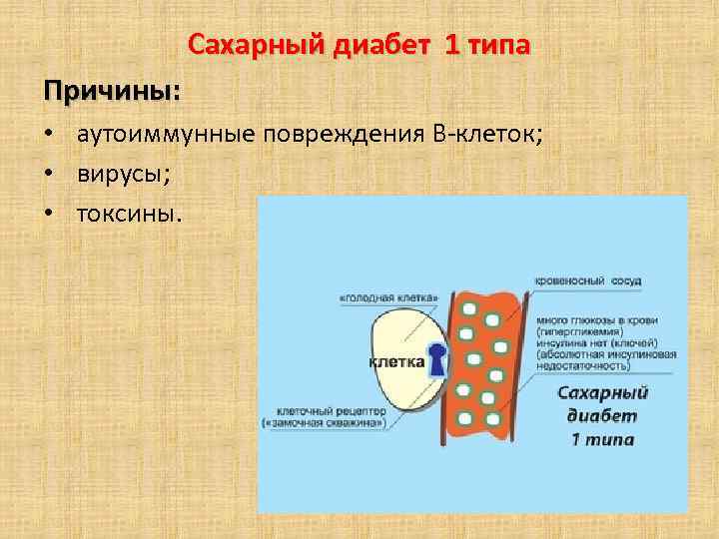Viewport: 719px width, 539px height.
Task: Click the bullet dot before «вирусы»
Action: pos(48,175)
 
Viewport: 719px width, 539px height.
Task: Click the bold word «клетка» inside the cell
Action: pos(394,362)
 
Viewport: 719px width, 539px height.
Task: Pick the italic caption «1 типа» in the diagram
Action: pos(602,439)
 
